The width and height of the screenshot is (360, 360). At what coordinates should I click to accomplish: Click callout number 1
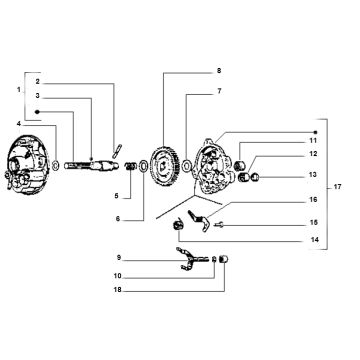tap(7, 89)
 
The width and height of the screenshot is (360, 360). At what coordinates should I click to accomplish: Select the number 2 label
tap(36, 80)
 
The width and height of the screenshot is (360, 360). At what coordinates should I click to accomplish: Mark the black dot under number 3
tap(36, 108)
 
